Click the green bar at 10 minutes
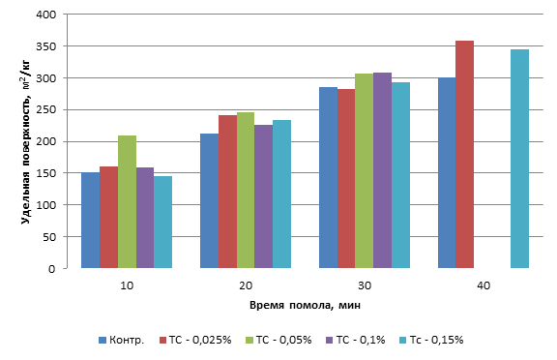pos(127,202)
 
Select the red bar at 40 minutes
pos(464,155)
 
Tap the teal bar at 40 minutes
pos(519,159)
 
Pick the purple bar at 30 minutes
pos(383,170)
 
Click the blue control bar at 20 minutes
pos(210,200)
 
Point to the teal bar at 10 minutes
pos(163,223)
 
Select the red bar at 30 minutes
pos(346,179)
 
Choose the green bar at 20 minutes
pos(246,191)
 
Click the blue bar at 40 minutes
pos(447,173)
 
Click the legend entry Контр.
pos(122,340)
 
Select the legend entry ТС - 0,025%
pos(195,340)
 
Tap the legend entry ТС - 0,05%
pos(278,340)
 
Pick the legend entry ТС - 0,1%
pos(356,340)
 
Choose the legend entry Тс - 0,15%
pos(431,340)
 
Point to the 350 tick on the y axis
pos(46,46)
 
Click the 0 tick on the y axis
pos(52,269)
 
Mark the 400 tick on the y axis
pos(46,15)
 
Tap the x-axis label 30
pos(365,285)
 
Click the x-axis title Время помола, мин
pos(305,305)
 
